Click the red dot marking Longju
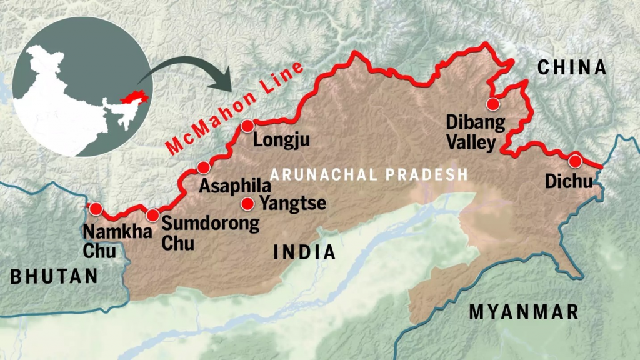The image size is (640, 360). [x=247, y=126]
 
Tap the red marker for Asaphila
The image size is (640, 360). [x=203, y=167]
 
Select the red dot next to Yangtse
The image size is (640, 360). [x=248, y=203]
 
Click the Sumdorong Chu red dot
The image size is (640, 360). [x=153, y=216]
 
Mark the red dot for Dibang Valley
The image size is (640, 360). [x=493, y=104]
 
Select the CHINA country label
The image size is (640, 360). [x=572, y=67]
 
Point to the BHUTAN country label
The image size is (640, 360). [x=54, y=276]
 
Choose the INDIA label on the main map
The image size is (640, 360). [x=304, y=252]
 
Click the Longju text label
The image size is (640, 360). [x=281, y=141]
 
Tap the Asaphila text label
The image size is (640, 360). [x=235, y=186]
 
